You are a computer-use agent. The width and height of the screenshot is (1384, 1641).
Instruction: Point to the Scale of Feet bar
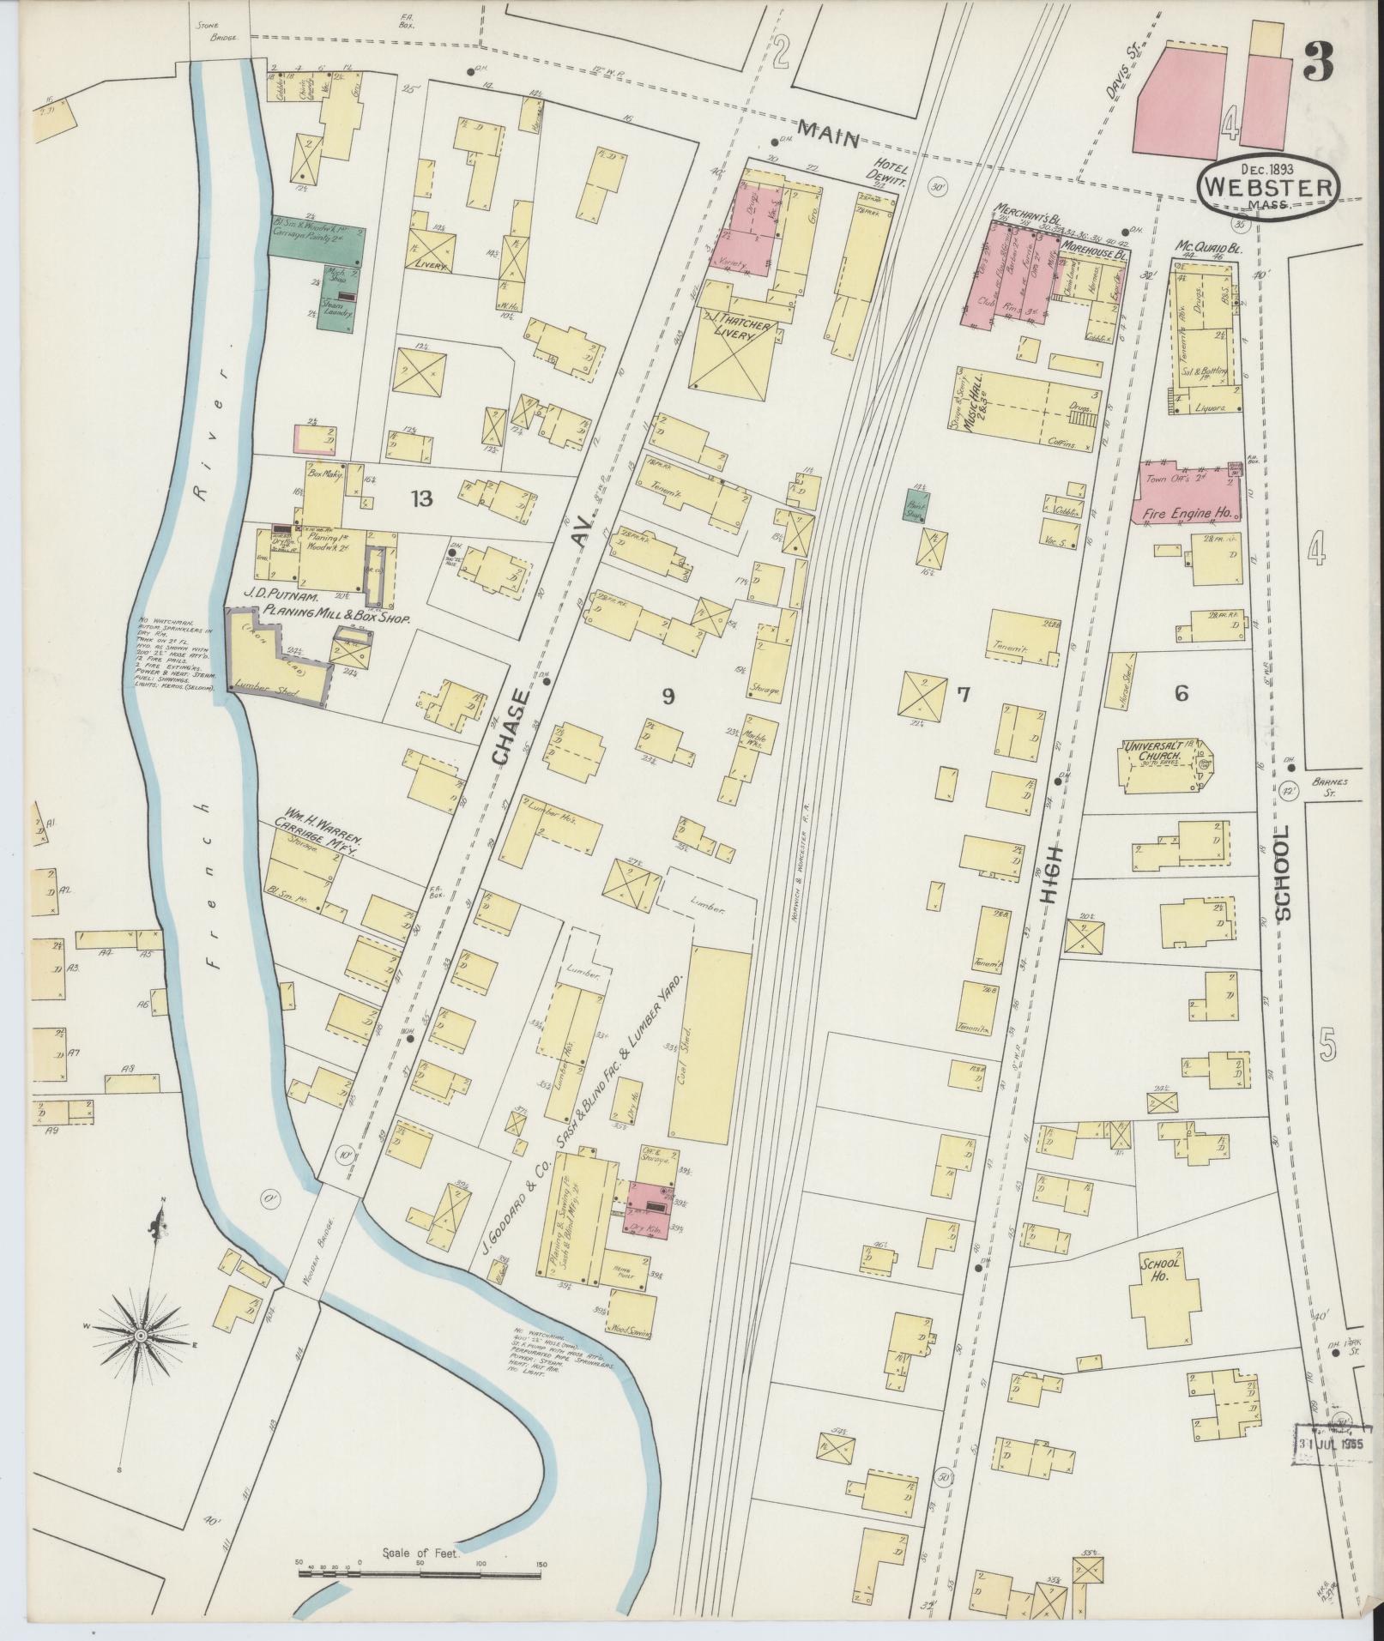click(420, 1572)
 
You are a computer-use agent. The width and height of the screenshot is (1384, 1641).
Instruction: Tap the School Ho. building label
click(1160, 1271)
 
